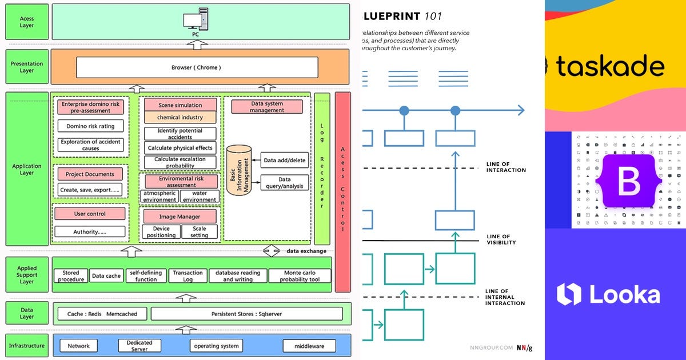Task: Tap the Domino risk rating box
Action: (90, 126)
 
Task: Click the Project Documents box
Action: (90, 174)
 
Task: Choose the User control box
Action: (90, 214)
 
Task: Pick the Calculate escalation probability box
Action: (180, 162)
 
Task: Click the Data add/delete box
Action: (284, 160)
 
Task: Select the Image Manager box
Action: (180, 217)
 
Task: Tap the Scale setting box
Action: (199, 232)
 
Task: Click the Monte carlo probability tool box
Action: (300, 276)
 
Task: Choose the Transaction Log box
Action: (188, 276)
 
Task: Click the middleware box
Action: (310, 346)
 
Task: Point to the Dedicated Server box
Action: (139, 346)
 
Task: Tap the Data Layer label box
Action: (27, 313)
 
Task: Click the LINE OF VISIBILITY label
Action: (501, 239)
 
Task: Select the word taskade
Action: (609, 66)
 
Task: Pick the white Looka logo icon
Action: (569, 294)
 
